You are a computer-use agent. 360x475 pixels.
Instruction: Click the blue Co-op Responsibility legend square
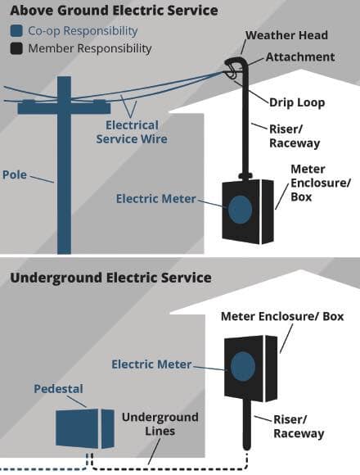(16, 31)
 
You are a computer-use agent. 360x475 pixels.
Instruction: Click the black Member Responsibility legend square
(16, 48)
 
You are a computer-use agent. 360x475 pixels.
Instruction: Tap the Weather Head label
(286, 35)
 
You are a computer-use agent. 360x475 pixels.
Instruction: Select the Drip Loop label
(297, 102)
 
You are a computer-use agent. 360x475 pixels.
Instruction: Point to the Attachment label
(300, 57)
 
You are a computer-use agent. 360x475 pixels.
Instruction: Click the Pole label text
(15, 174)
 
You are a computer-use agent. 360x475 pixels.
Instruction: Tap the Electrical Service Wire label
(132, 132)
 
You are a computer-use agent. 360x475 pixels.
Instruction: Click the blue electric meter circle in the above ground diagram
(240, 210)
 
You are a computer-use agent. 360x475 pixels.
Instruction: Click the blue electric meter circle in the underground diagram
(243, 366)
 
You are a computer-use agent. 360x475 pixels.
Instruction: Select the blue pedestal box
(85, 428)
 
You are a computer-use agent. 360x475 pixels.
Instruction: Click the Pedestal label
(58, 389)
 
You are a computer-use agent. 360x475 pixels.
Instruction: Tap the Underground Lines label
(160, 423)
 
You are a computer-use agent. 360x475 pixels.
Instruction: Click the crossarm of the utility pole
(64, 107)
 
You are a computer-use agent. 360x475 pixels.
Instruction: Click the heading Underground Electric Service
(110, 278)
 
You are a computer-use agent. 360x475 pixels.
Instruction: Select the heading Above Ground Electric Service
(114, 11)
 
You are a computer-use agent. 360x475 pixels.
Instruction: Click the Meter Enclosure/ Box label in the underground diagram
(282, 316)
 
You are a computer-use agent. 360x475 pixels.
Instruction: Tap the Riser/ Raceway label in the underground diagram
(299, 427)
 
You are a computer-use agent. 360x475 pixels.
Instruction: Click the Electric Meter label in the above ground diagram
(156, 199)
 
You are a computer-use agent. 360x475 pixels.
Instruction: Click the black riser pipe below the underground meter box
(247, 424)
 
